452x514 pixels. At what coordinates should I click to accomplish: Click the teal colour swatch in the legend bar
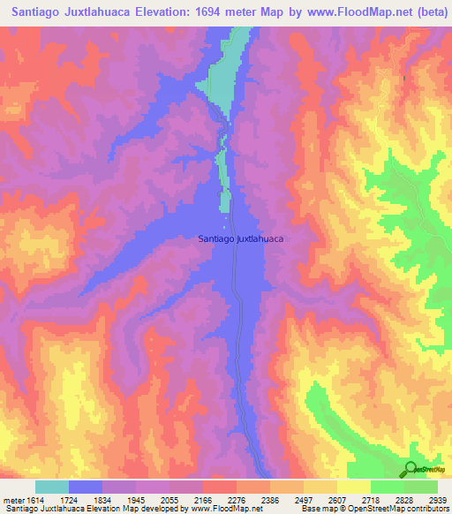(51, 487)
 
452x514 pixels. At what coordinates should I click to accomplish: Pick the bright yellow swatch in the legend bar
(353, 487)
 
